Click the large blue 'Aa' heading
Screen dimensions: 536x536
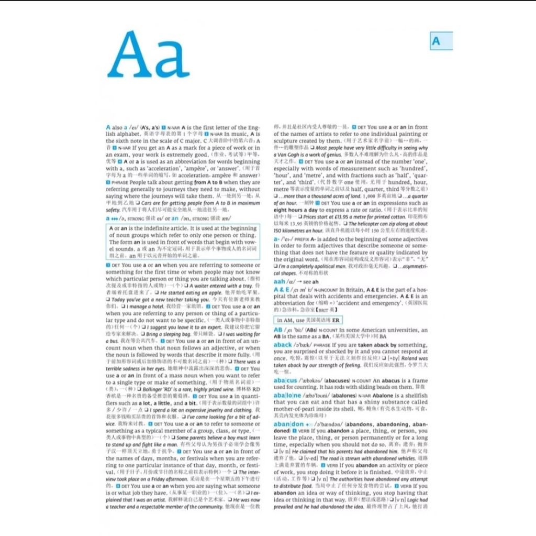(x=149, y=56)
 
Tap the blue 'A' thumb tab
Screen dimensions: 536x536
(x=436, y=41)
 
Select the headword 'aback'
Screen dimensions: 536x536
(x=282, y=345)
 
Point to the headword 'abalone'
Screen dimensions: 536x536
(x=287, y=395)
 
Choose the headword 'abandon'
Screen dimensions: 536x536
(x=288, y=424)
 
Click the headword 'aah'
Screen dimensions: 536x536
(x=280, y=281)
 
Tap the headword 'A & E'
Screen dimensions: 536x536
(x=282, y=289)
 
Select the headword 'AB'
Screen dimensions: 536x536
(x=277, y=330)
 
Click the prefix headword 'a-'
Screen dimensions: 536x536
(x=276, y=239)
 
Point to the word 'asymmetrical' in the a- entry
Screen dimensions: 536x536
(x=413, y=266)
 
